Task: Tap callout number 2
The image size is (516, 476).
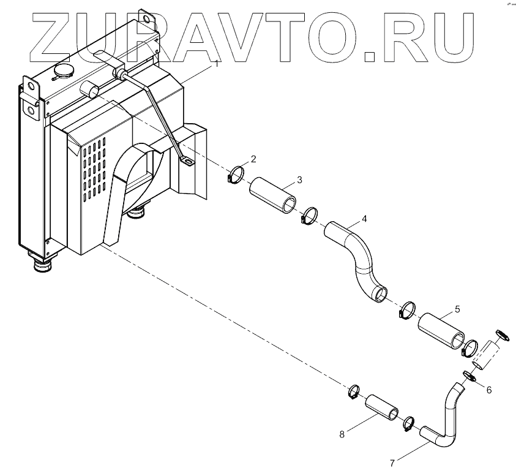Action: [x=253, y=159]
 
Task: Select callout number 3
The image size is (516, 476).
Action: [x=299, y=179]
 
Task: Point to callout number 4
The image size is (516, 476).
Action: [x=364, y=219]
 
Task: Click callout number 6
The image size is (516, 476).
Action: [x=488, y=390]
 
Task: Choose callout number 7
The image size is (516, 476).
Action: [x=391, y=457]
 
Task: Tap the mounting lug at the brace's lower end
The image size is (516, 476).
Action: [x=185, y=162]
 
